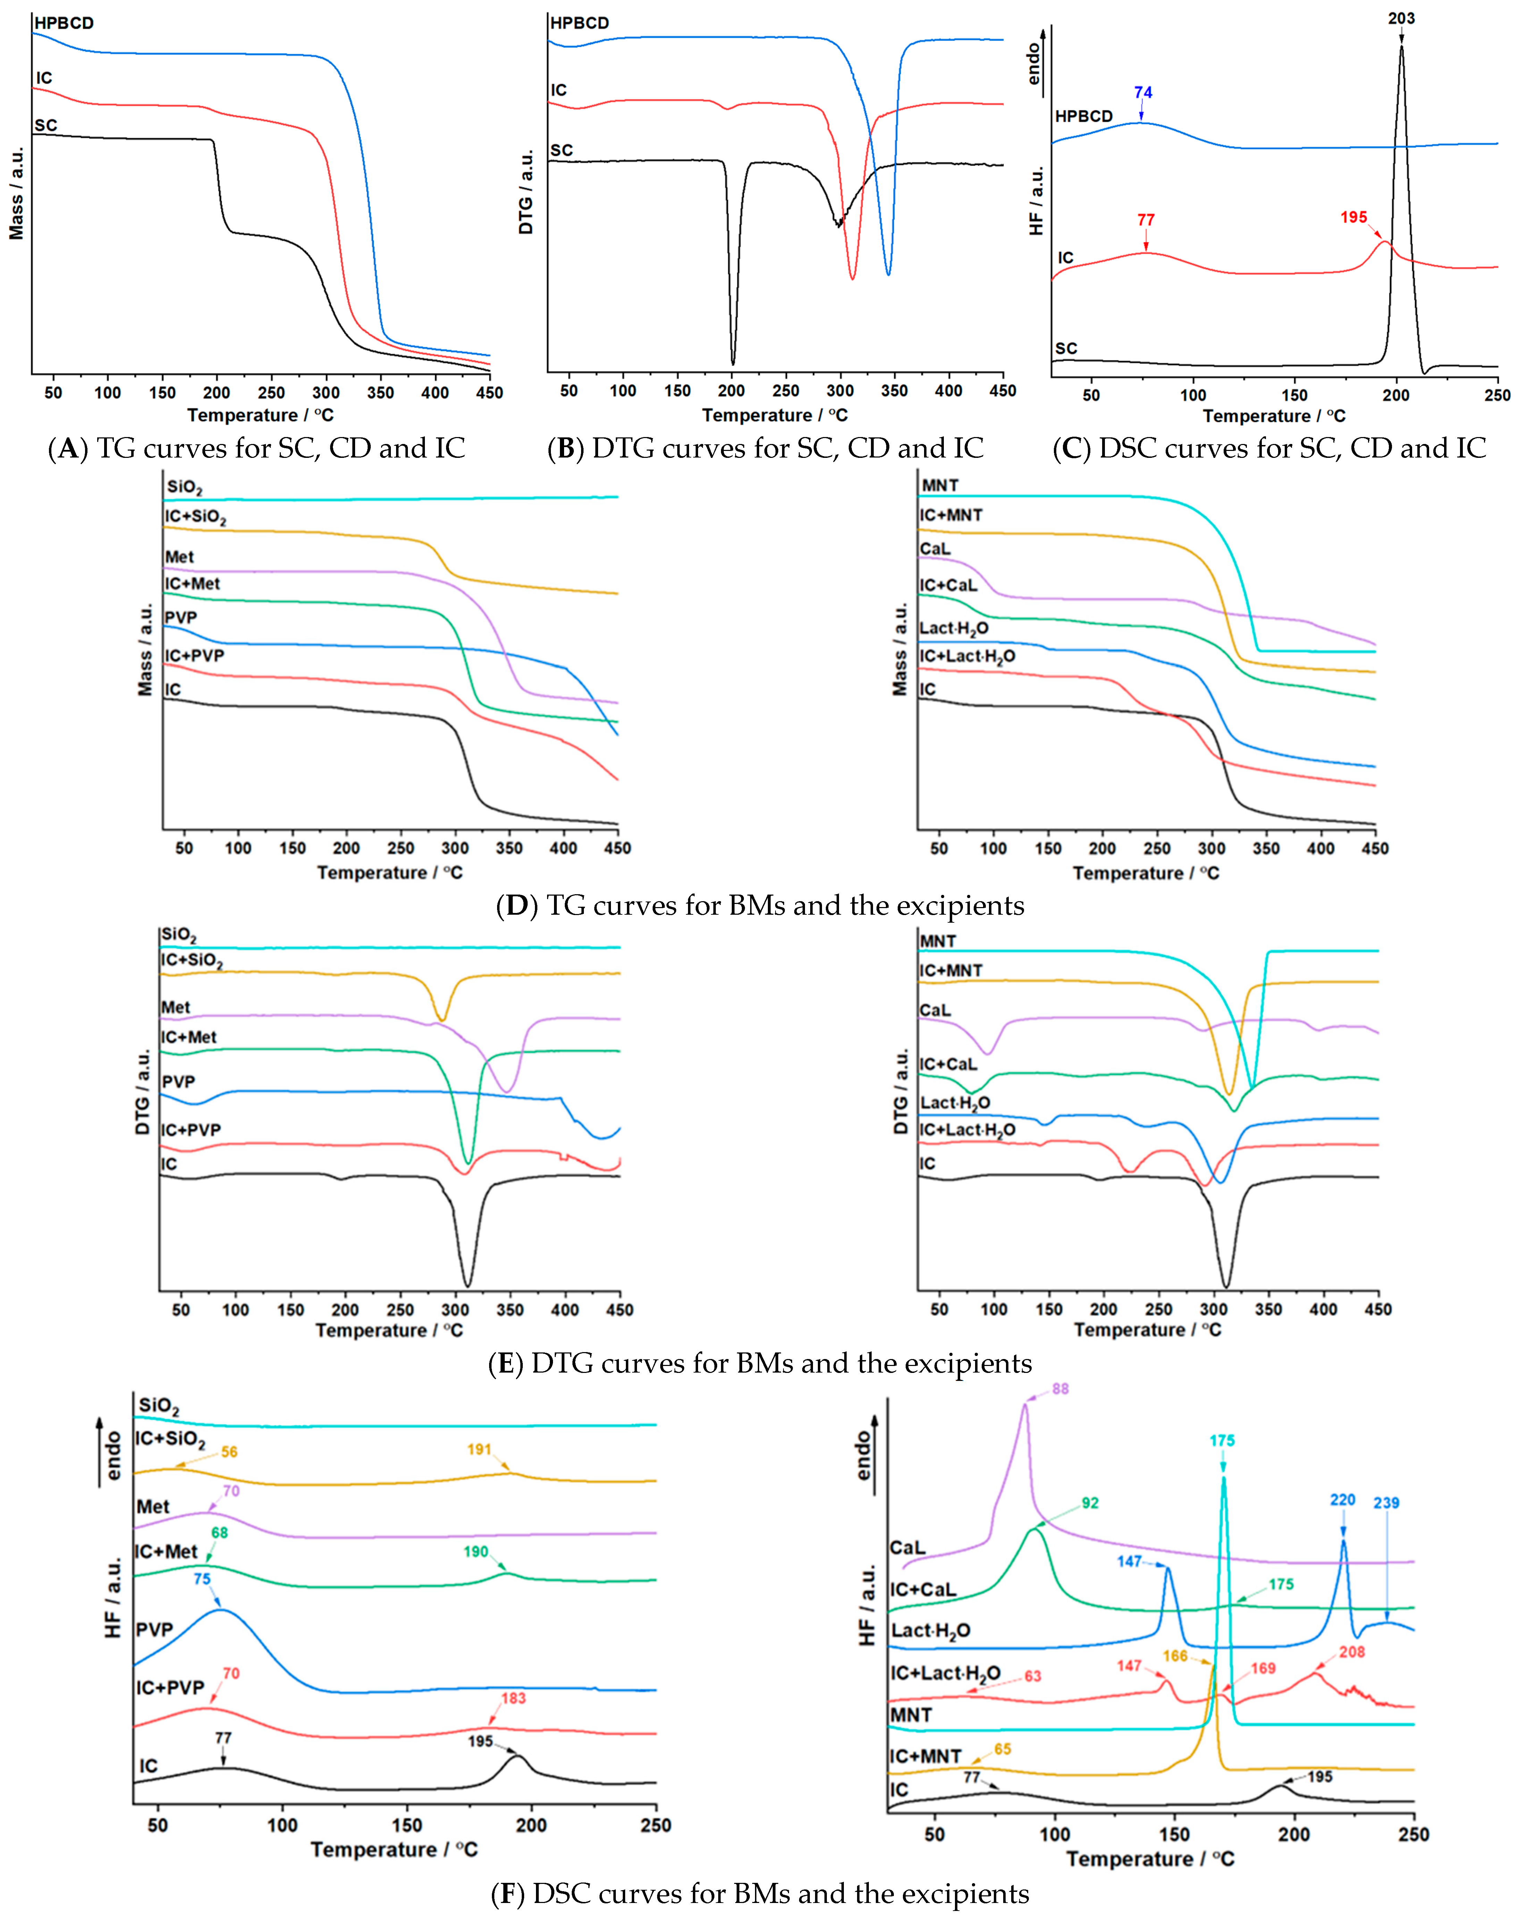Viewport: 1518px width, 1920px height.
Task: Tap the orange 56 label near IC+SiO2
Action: pos(229,1452)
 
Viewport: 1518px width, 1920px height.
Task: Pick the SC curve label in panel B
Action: pos(562,150)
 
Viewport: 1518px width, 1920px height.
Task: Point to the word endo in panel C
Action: pos(1034,64)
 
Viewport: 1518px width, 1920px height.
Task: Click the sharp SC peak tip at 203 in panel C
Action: pos(1402,46)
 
